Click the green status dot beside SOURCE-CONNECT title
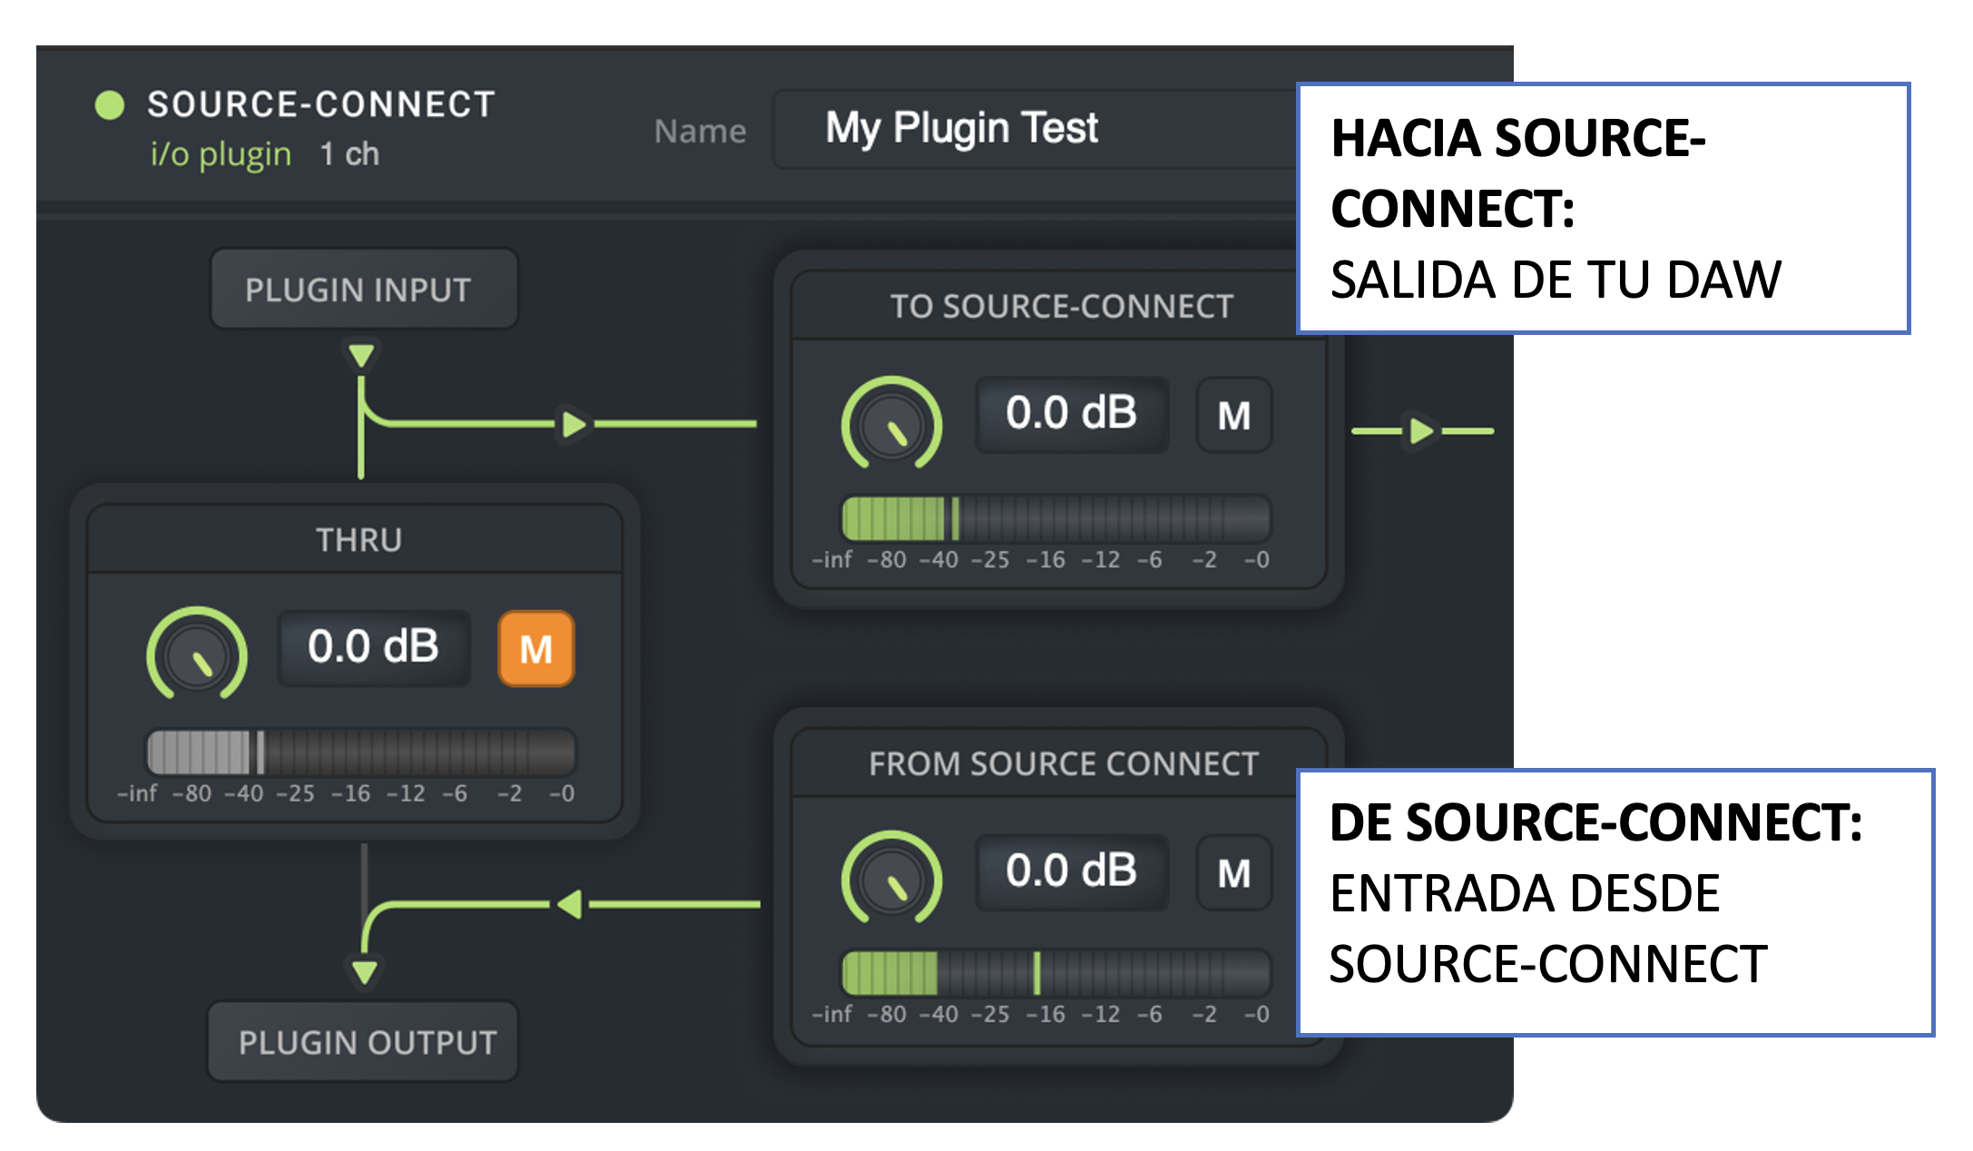(x=110, y=105)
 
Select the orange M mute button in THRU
(x=536, y=648)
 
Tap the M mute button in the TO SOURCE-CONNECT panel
(x=1234, y=416)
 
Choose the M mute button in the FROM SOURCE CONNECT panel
(x=1234, y=873)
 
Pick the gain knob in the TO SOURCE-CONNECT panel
(x=892, y=423)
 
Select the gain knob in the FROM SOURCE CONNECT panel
(x=892, y=878)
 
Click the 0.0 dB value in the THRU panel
(x=373, y=647)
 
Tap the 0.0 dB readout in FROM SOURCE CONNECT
(x=1072, y=871)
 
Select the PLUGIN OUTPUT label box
(x=364, y=1042)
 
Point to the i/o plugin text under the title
(x=221, y=154)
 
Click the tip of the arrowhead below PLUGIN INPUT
(x=361, y=369)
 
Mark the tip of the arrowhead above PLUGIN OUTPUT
(x=365, y=985)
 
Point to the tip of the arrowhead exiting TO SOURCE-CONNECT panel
(x=1435, y=430)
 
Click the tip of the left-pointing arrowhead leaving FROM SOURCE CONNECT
(x=555, y=904)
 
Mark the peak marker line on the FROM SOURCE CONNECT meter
(x=1036, y=972)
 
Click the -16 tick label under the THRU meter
(x=350, y=794)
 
